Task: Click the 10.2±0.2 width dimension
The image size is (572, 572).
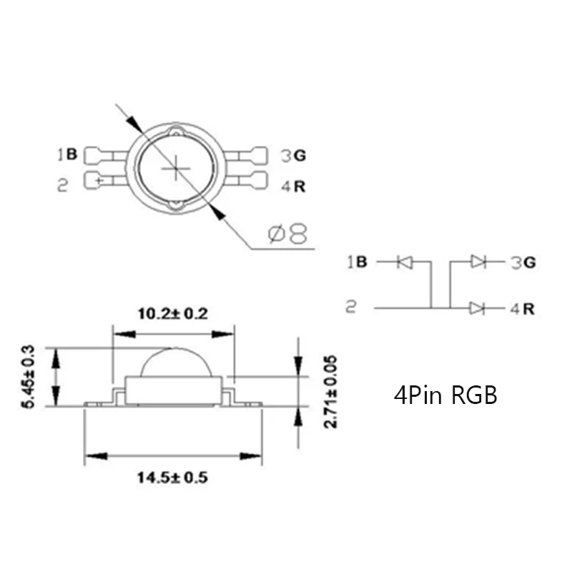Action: (x=173, y=314)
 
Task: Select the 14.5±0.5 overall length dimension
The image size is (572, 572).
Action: (x=172, y=478)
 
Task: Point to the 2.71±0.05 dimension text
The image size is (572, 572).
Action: (x=330, y=392)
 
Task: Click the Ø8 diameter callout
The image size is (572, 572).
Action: (x=288, y=234)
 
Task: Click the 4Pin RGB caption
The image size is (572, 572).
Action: (x=445, y=395)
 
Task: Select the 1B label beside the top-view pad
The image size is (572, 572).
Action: (x=67, y=154)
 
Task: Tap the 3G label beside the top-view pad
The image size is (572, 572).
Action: (x=293, y=156)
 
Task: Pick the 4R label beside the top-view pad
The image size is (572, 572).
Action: (x=293, y=187)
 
